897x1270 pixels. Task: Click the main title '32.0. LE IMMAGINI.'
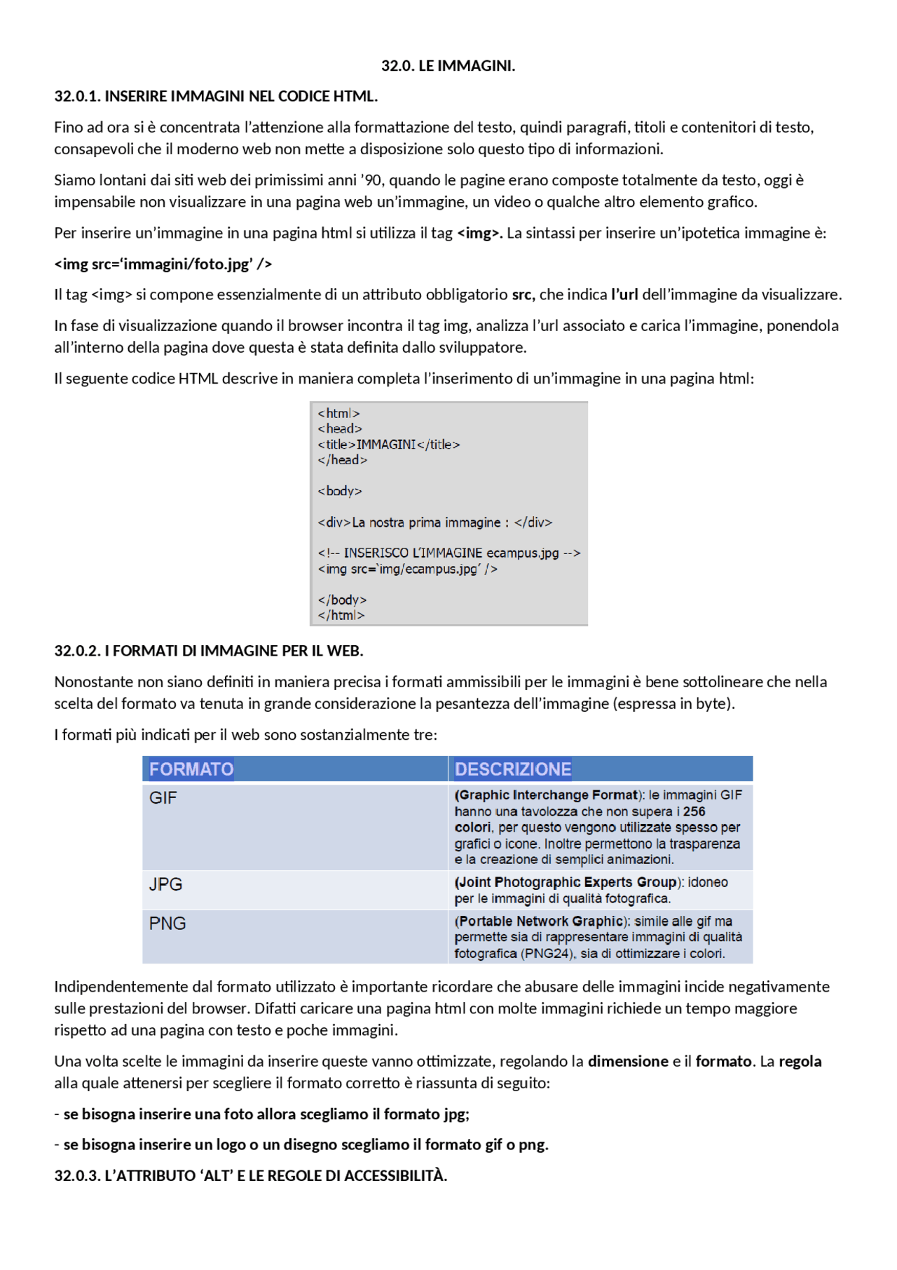click(x=448, y=66)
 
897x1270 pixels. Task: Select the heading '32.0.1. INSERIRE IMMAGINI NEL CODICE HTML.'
click(x=216, y=96)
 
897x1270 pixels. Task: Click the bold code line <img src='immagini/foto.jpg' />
click(x=163, y=264)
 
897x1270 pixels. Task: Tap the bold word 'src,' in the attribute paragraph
click(x=523, y=295)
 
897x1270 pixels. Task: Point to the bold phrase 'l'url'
click(x=624, y=295)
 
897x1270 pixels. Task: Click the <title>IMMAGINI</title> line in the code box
click(x=388, y=445)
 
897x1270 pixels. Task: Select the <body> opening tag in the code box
click(x=340, y=491)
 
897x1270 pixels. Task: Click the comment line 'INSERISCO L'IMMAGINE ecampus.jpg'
click(x=448, y=553)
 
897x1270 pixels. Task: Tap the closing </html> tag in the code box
click(x=341, y=615)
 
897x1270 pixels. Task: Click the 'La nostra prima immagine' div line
click(x=434, y=522)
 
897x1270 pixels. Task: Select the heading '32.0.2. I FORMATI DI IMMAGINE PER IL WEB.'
click(x=209, y=651)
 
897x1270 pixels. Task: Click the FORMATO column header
click(x=191, y=769)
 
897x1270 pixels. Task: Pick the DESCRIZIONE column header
click(x=513, y=769)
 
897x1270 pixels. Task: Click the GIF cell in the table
click(x=163, y=798)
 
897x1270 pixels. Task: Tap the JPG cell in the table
click(x=165, y=884)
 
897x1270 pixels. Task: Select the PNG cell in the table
click(x=167, y=924)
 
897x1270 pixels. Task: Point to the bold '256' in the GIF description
click(x=694, y=811)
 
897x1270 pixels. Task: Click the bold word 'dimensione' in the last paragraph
click(x=628, y=1061)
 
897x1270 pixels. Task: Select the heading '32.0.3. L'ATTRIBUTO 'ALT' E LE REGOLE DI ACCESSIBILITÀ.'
click(x=251, y=1175)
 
